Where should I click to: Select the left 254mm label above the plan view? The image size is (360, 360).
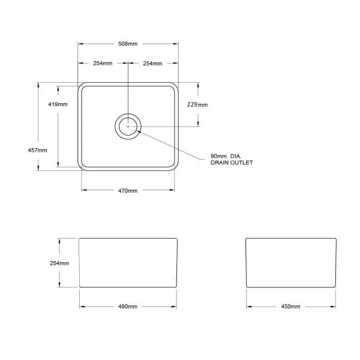(x=103, y=63)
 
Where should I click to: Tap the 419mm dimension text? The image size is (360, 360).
(x=58, y=104)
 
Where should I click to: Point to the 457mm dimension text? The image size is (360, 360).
(x=37, y=150)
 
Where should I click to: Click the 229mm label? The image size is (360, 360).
(x=198, y=104)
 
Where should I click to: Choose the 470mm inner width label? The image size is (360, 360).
(x=128, y=191)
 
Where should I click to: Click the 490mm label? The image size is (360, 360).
(x=128, y=307)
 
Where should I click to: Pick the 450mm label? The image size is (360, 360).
(x=290, y=307)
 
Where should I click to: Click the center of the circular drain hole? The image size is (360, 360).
(x=128, y=127)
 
